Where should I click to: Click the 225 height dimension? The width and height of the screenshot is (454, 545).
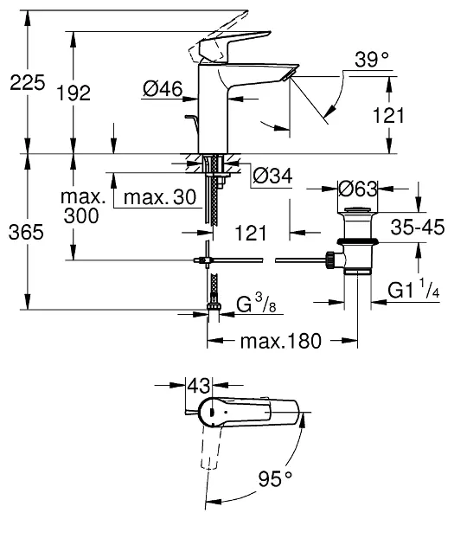(x=25, y=84)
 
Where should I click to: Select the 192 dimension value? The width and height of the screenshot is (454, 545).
(x=75, y=94)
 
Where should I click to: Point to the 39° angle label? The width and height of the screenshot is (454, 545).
(x=372, y=60)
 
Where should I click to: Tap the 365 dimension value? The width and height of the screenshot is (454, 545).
(x=25, y=233)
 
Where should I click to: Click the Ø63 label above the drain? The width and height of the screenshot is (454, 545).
(x=356, y=188)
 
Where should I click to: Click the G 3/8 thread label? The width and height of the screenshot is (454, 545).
(x=257, y=305)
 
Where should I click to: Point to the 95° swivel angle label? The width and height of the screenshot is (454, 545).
(x=276, y=478)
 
